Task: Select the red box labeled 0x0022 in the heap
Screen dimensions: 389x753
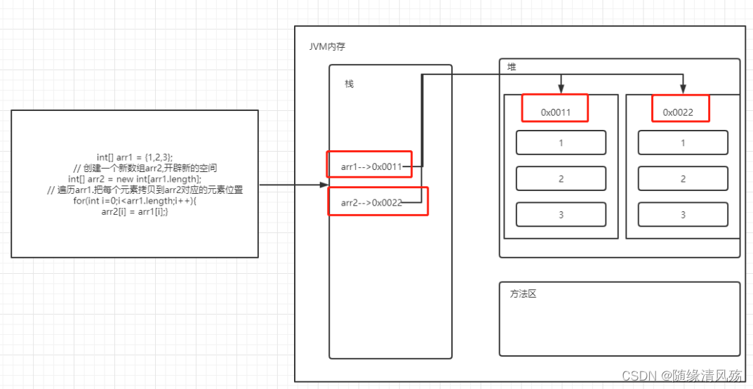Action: pos(680,110)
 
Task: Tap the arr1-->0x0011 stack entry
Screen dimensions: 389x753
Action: pos(370,166)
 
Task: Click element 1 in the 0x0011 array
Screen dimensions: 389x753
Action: pos(561,143)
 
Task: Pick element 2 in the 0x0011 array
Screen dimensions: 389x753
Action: pos(561,178)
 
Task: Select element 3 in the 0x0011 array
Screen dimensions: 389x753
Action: pos(561,214)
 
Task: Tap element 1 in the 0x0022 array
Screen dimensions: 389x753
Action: pos(683,143)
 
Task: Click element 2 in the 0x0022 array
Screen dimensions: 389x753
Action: pos(683,178)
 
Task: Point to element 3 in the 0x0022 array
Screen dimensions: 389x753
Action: pos(683,214)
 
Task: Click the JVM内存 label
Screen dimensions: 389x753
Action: pos(327,46)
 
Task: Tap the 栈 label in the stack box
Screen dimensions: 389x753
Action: pos(349,84)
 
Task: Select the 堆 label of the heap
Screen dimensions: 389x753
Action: pos(512,66)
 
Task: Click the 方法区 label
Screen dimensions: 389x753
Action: pos(523,294)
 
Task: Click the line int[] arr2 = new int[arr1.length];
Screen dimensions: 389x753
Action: pos(135,179)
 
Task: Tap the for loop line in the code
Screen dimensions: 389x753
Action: pos(135,202)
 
